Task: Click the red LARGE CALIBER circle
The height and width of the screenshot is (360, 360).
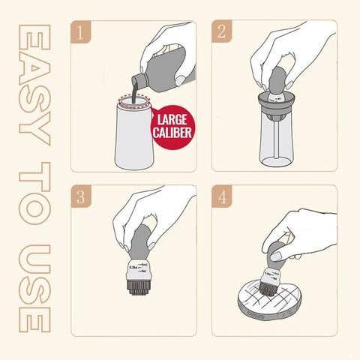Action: (172, 124)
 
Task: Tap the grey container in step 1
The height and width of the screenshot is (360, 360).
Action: (132, 135)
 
